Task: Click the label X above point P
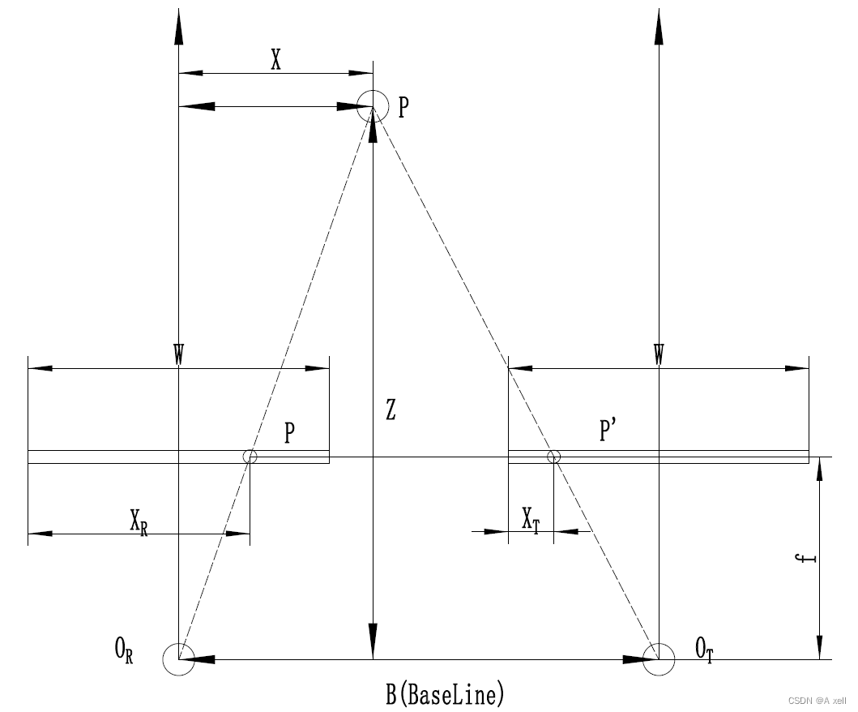click(x=276, y=60)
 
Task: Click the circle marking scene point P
click(x=373, y=105)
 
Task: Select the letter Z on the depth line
click(x=391, y=411)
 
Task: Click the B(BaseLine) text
click(x=445, y=694)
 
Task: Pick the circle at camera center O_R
click(x=178, y=658)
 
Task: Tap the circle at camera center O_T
click(x=659, y=658)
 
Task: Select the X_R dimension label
click(x=139, y=521)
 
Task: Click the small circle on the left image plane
click(x=250, y=457)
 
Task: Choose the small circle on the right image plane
click(x=553, y=457)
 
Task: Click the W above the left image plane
click(x=178, y=354)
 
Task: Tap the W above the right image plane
click(x=660, y=354)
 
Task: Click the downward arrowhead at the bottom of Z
click(x=373, y=641)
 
